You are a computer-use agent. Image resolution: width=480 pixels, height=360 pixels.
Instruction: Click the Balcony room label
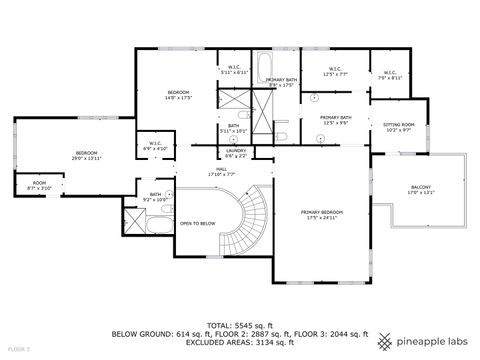[x=421, y=190]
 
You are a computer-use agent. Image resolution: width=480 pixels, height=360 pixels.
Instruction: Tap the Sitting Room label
[x=398, y=127]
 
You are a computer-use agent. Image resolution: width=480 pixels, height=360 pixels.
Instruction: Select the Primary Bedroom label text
[x=323, y=215]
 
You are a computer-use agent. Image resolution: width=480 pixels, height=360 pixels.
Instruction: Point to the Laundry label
[x=236, y=153]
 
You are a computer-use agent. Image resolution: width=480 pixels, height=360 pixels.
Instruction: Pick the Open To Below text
[x=198, y=222]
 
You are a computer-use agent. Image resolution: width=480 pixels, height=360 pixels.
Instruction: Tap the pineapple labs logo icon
[x=387, y=335]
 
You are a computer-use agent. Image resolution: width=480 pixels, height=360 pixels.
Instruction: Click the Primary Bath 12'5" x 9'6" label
[x=335, y=120]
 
